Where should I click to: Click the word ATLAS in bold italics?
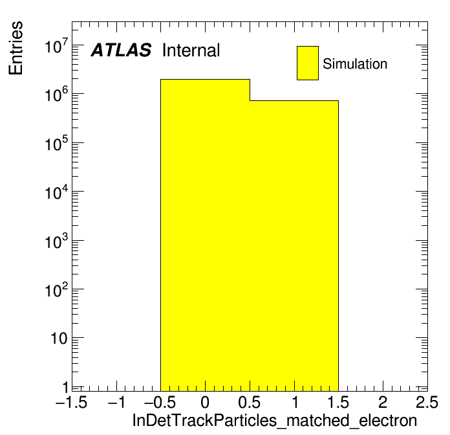pos(121,50)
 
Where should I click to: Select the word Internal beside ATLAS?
pos(191,50)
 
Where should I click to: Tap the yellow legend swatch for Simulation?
pos(308,63)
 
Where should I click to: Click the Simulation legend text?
pos(355,63)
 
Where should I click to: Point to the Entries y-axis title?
pos(16,48)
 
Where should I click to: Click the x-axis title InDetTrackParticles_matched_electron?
pos(275,421)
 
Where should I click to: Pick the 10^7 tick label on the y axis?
pos(56,46)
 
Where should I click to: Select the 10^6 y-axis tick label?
pos(56,95)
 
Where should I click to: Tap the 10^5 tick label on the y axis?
pos(56,143)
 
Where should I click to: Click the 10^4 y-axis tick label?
pos(56,192)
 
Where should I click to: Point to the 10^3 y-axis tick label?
pos(56,241)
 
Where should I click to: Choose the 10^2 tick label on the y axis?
pos(56,290)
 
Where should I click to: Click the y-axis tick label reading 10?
pos(59,339)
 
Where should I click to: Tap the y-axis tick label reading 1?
pos(65,387)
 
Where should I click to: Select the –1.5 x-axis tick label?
pos(71,402)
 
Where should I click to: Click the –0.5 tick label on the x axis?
pos(160,402)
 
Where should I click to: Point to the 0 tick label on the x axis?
pos(205,402)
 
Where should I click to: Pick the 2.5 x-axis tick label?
pos(427,402)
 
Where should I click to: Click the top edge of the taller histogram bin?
pos(205,80)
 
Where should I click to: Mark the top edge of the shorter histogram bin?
pos(294,100)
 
